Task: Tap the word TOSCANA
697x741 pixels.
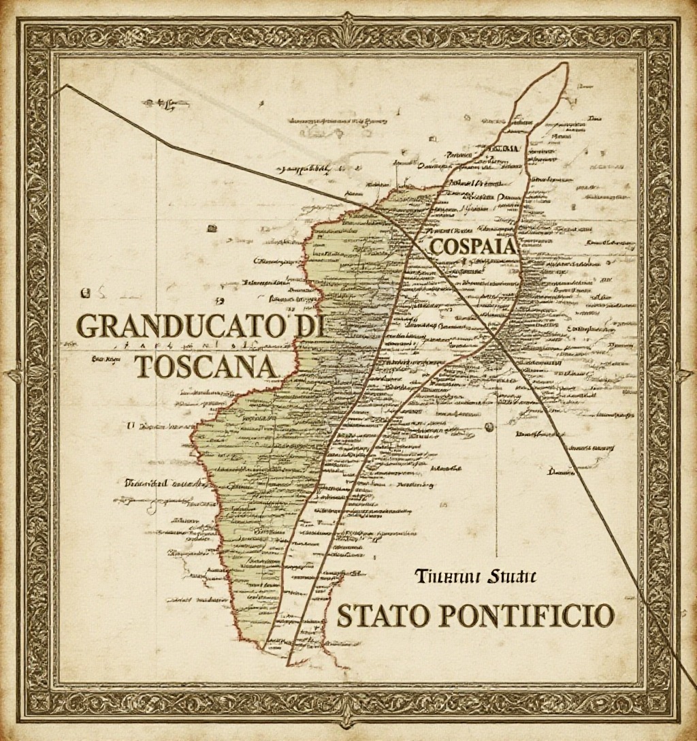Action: (x=206, y=367)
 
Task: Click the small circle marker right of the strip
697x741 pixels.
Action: (x=488, y=427)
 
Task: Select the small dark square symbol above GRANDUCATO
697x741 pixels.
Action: (x=86, y=294)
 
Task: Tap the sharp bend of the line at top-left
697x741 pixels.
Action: (x=66, y=86)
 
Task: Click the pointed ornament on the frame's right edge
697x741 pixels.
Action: (x=687, y=373)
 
